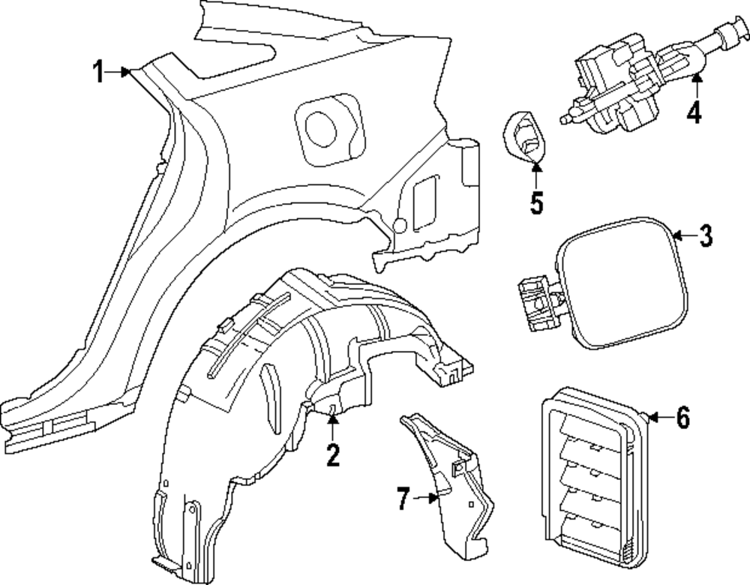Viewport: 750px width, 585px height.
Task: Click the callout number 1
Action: pyautogui.click(x=97, y=72)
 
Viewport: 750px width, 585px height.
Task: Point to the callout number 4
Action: pyautogui.click(x=694, y=112)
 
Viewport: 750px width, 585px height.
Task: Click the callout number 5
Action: pyautogui.click(x=536, y=202)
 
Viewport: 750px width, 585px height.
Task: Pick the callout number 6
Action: pyautogui.click(x=681, y=418)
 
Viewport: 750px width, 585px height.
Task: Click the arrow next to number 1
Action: pyautogui.click(x=120, y=72)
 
